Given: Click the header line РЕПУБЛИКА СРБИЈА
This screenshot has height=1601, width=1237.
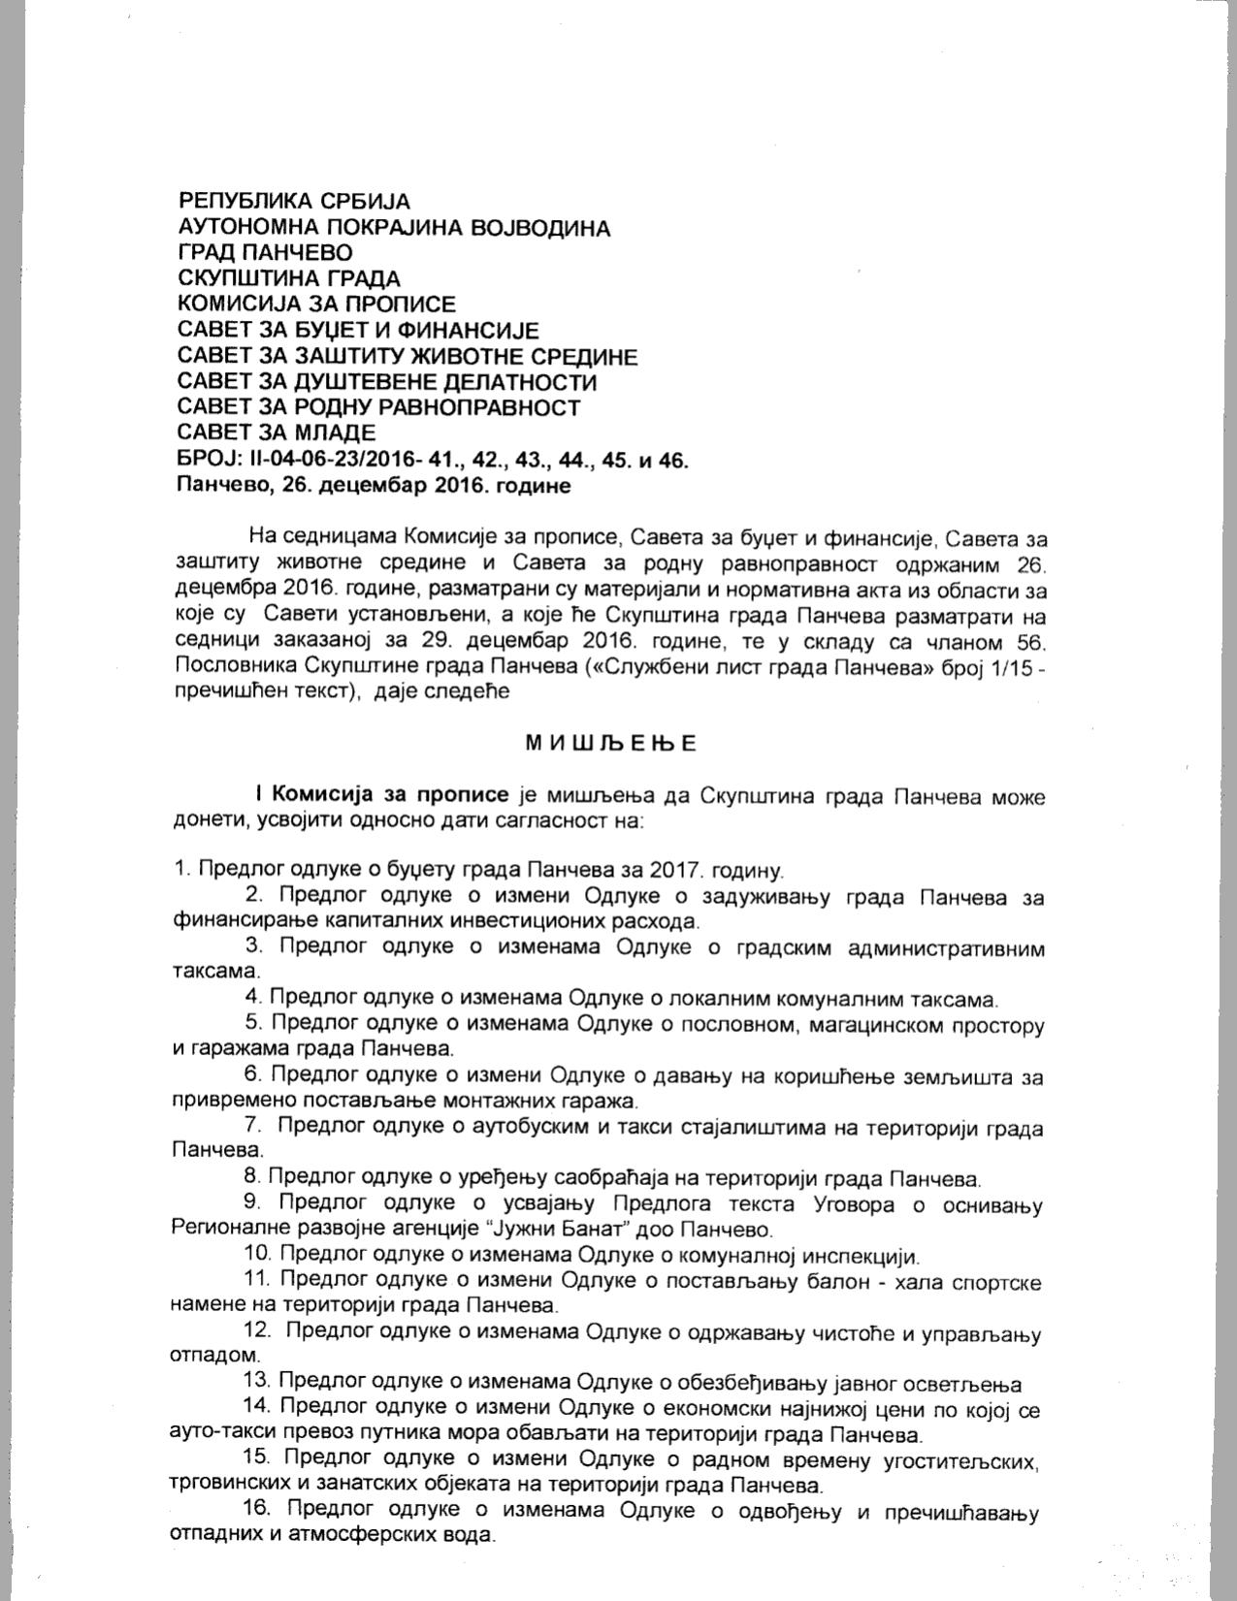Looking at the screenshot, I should pyautogui.click(x=294, y=202).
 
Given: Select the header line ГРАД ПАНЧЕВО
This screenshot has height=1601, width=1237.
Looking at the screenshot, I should pyautogui.click(x=265, y=253).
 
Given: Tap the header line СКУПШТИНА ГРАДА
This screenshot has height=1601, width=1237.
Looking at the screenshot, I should pyautogui.click(x=289, y=279).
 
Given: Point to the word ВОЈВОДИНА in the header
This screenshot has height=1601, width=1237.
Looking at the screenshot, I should pyautogui.click(x=539, y=228).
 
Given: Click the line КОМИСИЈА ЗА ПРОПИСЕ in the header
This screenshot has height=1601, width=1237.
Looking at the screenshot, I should pyautogui.click(x=316, y=304).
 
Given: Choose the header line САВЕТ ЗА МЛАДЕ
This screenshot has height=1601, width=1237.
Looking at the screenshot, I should pyautogui.click(x=277, y=432).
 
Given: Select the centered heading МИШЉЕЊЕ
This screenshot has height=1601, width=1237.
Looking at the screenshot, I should pyautogui.click(x=611, y=745).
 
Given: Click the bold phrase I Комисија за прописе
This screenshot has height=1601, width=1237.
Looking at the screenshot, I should pyautogui.click(x=382, y=796).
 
